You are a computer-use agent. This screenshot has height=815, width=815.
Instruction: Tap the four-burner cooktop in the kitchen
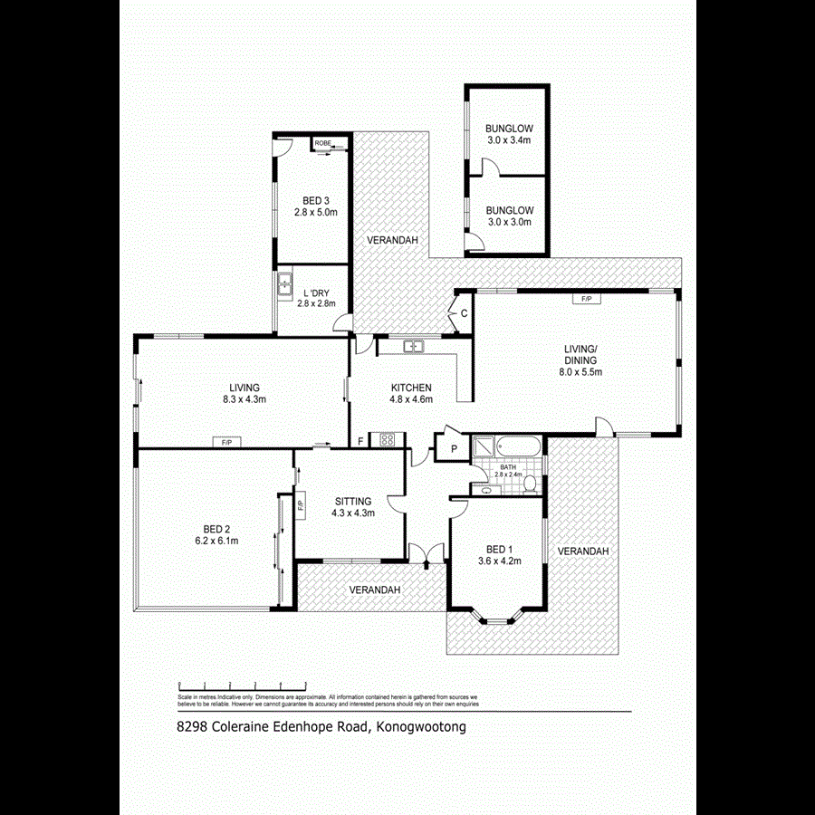point(386,441)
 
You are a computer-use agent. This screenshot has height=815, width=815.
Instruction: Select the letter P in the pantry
point(450,446)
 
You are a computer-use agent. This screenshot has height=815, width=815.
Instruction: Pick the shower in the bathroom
point(484,447)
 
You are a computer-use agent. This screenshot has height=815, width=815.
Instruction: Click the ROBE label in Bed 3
point(322,143)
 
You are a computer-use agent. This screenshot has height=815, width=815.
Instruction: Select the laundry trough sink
point(283,284)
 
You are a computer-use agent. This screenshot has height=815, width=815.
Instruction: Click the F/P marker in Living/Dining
point(586,298)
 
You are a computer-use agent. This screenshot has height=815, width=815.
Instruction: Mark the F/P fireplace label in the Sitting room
point(300,503)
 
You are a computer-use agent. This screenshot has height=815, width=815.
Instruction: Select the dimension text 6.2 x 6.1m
point(216,541)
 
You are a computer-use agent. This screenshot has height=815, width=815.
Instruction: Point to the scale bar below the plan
point(243,685)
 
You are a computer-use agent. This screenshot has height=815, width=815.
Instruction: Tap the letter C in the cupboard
point(463,313)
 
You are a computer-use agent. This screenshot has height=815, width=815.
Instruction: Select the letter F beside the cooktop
point(360,441)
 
